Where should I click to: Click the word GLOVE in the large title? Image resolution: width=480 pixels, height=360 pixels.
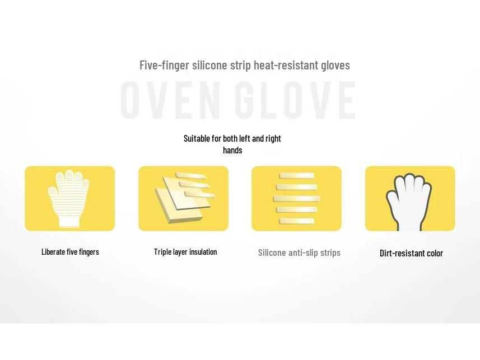click(295, 100)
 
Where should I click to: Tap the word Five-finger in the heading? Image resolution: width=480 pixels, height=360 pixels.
click(164, 65)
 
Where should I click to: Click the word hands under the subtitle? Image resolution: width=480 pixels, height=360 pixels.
click(232, 150)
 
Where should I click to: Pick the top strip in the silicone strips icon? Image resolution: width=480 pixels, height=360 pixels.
click(296, 176)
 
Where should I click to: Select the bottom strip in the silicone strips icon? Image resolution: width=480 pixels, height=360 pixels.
click(296, 222)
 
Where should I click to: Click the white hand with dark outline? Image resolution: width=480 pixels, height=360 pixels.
click(409, 202)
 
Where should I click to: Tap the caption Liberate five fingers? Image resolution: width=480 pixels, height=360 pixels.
click(70, 252)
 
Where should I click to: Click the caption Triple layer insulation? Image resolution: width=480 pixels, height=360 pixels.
click(185, 252)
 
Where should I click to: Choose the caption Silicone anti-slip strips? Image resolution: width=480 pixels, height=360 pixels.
click(299, 253)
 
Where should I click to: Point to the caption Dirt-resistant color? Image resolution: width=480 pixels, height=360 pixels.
click(411, 253)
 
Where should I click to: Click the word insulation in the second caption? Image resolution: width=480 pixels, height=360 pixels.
click(203, 252)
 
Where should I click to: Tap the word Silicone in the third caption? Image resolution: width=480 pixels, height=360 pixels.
click(272, 253)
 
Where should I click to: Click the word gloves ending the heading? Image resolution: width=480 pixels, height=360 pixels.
click(335, 65)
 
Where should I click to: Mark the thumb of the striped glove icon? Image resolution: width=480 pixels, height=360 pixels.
click(52, 192)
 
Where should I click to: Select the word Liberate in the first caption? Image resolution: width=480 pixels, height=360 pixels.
click(53, 252)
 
